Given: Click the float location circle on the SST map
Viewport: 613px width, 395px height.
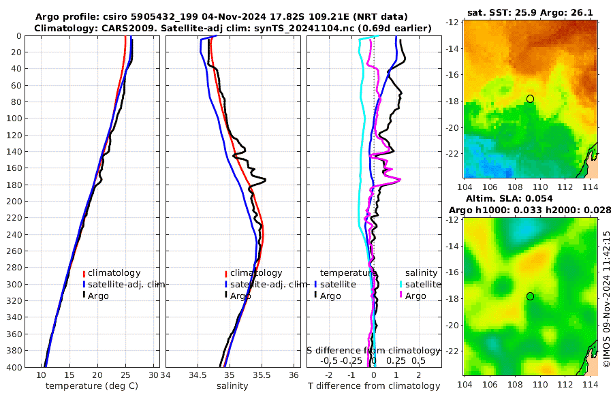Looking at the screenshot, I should [530, 99].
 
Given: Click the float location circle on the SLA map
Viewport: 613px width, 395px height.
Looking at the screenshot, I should [530, 296].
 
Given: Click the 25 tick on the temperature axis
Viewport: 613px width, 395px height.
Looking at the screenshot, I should [125, 375].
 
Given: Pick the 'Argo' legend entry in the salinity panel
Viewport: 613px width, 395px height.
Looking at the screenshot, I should [240, 296].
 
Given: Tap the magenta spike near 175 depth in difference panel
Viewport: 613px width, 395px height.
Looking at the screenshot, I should [399, 180].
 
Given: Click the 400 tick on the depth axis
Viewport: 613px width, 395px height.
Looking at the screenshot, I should [15, 367].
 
